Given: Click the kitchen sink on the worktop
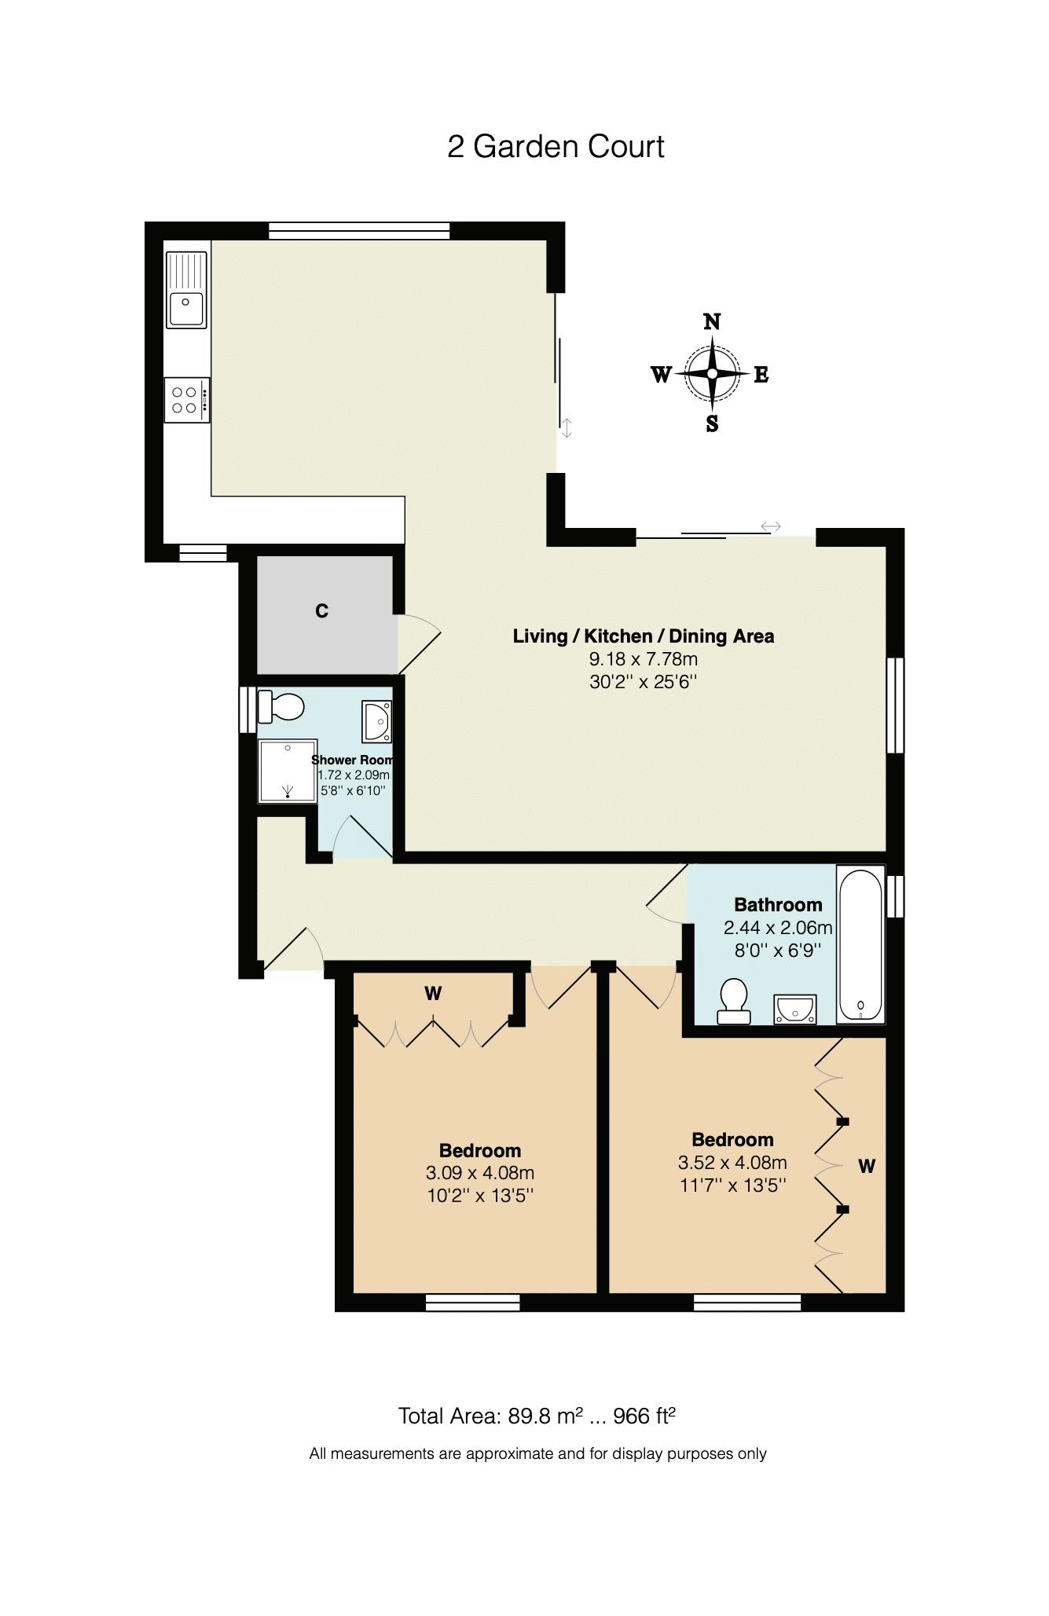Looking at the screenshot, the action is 186,288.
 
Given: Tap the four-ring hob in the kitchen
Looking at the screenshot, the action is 187,400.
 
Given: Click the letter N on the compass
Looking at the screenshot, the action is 712,321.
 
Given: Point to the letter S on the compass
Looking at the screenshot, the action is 712,424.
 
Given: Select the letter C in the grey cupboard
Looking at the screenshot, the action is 321,611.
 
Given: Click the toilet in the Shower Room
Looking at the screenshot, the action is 281,706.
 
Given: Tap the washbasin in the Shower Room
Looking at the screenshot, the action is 377,721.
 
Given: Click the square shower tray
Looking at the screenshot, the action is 288,771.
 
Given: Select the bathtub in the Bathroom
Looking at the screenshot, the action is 861,945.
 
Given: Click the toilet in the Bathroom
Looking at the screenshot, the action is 734,1001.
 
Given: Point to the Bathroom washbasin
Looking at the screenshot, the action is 795,1010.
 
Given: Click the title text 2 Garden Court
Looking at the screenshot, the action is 556,147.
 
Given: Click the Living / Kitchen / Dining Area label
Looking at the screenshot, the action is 644,636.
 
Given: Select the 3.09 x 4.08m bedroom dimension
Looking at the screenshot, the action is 480,1173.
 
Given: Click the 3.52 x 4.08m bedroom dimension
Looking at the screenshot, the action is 732,1162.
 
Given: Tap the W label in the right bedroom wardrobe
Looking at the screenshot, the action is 866,1167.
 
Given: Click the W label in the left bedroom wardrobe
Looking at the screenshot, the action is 433,994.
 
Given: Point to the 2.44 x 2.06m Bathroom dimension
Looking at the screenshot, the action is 778,928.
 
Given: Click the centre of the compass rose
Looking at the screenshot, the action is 712,374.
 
